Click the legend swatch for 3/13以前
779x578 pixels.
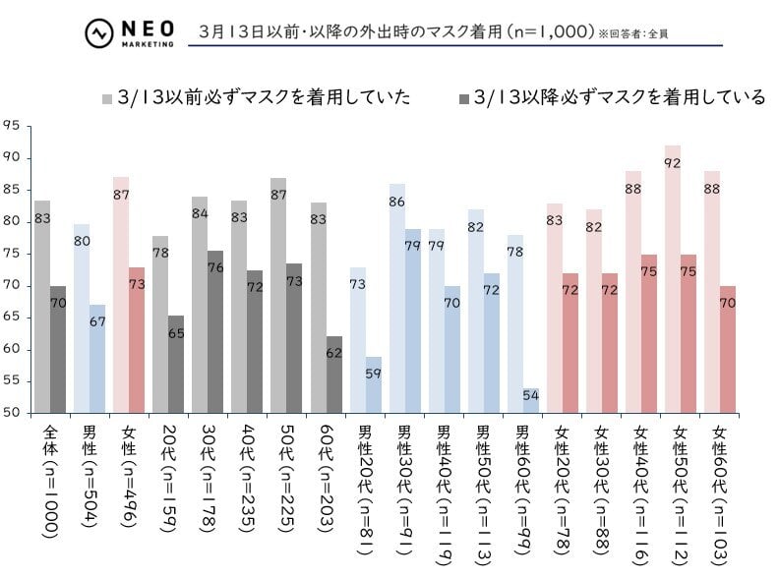107,98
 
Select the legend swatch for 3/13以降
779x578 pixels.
462,98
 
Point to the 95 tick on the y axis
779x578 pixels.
12,125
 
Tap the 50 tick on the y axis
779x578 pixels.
12,413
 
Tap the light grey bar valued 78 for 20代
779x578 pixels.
160,324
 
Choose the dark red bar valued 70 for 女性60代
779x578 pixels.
728,350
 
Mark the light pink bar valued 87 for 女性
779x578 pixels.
121,295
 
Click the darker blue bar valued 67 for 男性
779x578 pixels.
97,359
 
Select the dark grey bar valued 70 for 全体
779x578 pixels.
58,350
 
